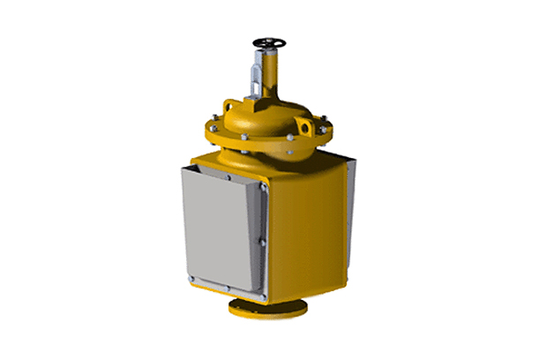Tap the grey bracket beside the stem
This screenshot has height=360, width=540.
pos(257,76)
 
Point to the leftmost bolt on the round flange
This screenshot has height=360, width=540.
pos(212,125)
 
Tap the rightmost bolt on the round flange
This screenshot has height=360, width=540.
pos(329,130)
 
